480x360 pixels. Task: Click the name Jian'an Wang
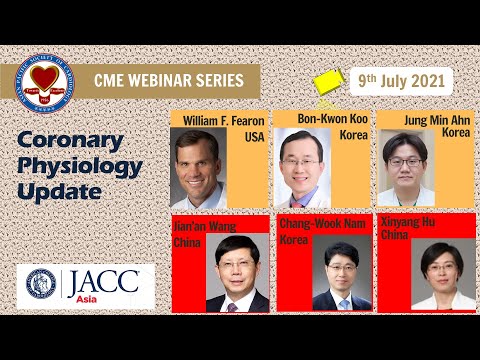(x=194, y=226)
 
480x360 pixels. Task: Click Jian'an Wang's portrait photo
(x=237, y=274)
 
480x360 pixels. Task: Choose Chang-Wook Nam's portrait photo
(x=341, y=274)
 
